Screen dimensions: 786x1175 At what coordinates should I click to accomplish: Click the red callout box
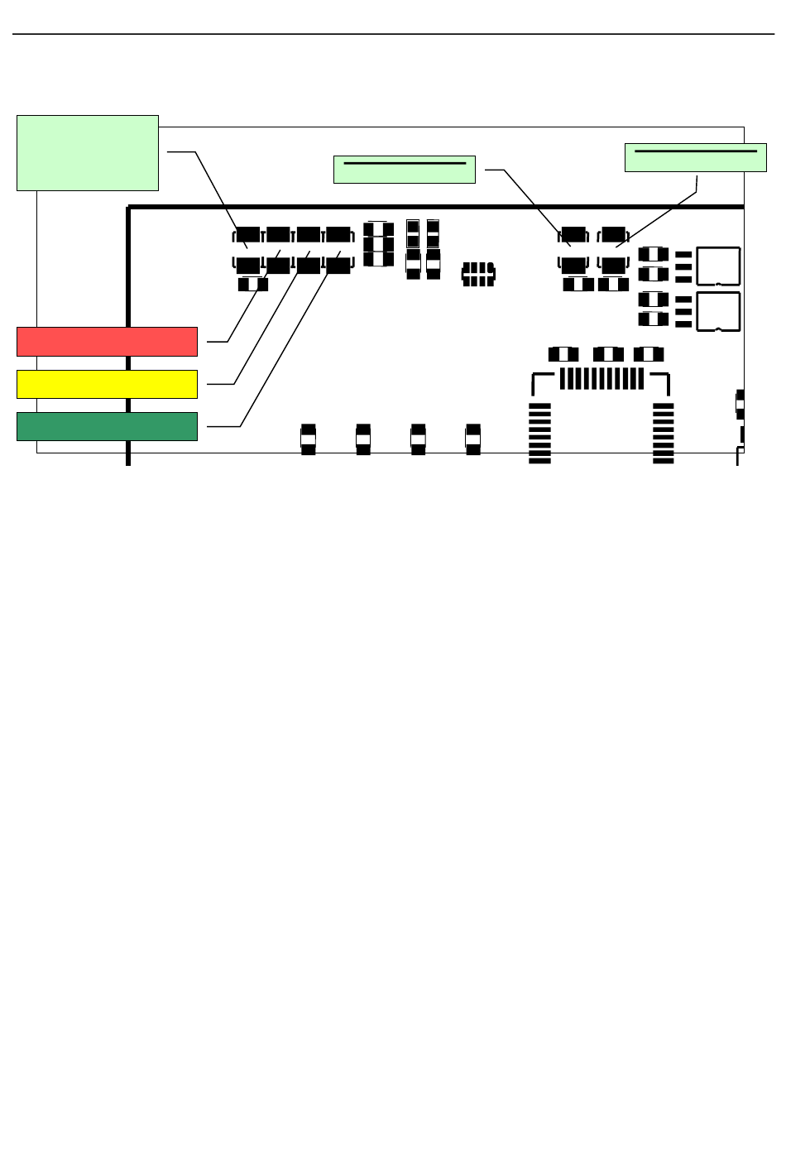(x=107, y=342)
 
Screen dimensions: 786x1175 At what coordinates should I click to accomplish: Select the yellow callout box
(x=107, y=384)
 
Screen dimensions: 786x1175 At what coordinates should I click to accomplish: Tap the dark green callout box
(x=107, y=426)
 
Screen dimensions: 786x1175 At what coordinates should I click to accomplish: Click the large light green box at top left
(x=88, y=153)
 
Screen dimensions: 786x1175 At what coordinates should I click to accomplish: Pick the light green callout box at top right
(x=695, y=158)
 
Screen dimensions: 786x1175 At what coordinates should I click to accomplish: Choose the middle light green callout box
(x=404, y=170)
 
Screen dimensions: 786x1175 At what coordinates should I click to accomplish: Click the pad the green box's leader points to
(x=338, y=265)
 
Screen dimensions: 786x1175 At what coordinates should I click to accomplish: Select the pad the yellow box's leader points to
(x=308, y=265)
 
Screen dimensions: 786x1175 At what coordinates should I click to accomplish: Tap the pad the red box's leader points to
(x=278, y=265)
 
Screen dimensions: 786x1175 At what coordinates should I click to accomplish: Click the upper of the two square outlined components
(x=718, y=266)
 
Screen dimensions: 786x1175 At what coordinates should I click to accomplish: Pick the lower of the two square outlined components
(x=718, y=311)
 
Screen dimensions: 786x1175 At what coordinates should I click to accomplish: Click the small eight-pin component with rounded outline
(x=478, y=274)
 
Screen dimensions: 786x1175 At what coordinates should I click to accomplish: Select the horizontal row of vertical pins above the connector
(x=601, y=379)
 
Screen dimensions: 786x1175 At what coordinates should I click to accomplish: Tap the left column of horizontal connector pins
(x=539, y=433)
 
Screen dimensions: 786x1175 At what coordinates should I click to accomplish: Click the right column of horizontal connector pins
(x=664, y=433)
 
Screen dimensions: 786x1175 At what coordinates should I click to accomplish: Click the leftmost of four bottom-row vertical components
(x=308, y=439)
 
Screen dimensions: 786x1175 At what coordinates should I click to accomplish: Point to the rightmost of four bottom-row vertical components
(x=473, y=439)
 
